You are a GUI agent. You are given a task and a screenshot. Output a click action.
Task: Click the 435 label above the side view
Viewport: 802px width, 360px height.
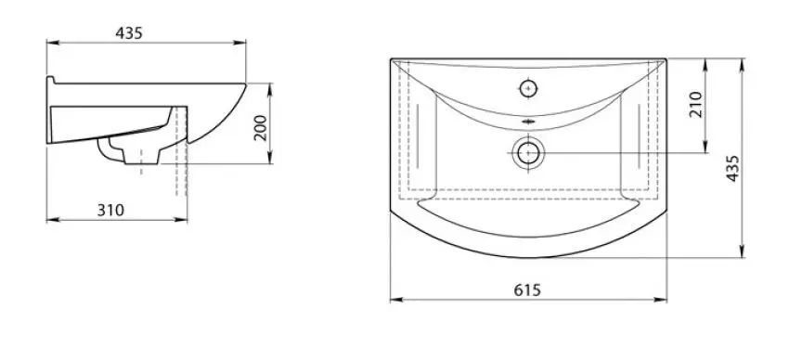tap(129, 32)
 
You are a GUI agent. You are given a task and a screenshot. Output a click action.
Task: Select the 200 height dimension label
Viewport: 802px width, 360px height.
tap(261, 128)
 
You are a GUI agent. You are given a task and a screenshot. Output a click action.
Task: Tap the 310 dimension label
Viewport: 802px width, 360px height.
tap(110, 210)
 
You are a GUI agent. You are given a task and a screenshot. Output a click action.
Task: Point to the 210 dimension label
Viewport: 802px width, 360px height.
tap(695, 104)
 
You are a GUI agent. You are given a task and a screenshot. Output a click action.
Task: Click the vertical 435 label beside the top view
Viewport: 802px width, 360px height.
tap(732, 168)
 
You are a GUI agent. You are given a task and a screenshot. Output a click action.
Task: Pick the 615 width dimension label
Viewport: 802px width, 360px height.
tap(527, 289)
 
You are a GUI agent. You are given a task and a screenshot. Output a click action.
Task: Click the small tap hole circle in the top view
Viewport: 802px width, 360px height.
tap(528, 88)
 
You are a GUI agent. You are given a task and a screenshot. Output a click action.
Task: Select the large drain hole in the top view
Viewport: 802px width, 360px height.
tap(528, 152)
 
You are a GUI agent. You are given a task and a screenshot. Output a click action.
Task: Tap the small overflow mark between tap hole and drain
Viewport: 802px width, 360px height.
tap(528, 122)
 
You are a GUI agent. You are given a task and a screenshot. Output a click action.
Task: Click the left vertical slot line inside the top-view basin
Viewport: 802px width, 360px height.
tap(418, 136)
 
